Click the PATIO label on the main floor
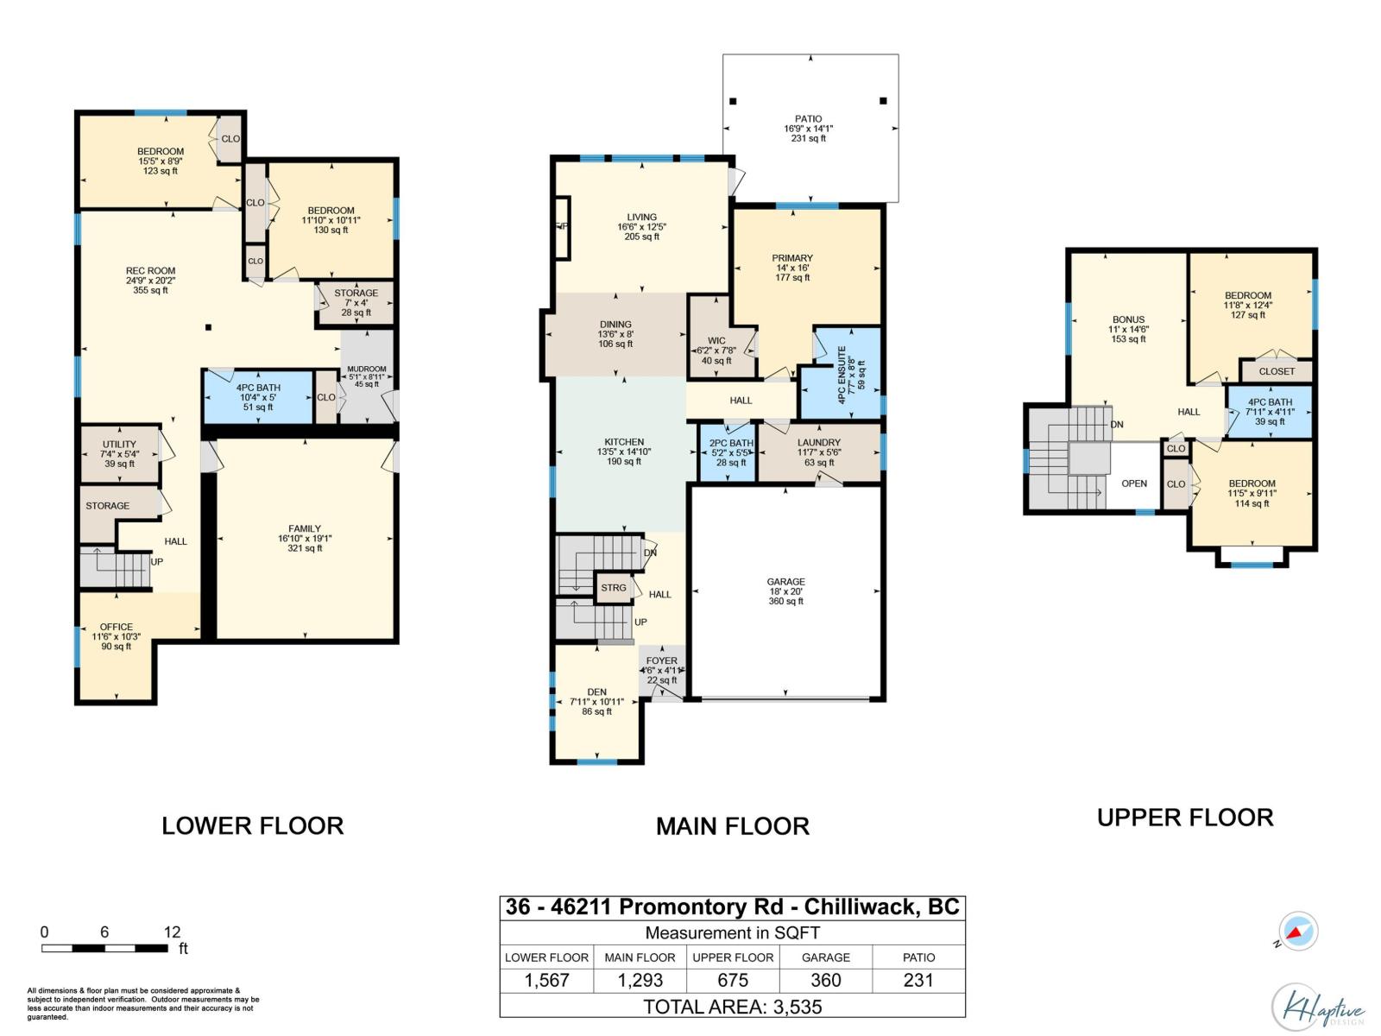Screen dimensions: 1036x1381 pos(809,120)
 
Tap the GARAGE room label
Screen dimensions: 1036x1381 pos(785,583)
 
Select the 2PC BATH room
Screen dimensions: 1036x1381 pos(731,452)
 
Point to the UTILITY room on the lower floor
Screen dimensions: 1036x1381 pos(119,453)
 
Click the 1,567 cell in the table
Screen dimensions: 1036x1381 pos(546,980)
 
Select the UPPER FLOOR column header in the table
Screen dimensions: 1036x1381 pos(733,957)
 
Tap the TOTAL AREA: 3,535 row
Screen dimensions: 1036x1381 pos(732,1006)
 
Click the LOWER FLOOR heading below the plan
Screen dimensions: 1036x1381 pos(253,825)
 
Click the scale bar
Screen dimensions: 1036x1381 pos(104,948)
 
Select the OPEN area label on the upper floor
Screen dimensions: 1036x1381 pos(1134,483)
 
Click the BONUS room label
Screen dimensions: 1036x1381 pos(1128,320)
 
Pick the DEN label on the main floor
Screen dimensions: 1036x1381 pos(596,692)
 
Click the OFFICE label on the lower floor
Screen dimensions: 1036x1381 pos(116,628)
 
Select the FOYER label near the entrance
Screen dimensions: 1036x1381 pos(662,661)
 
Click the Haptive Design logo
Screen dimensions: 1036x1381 pos(1318,1007)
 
